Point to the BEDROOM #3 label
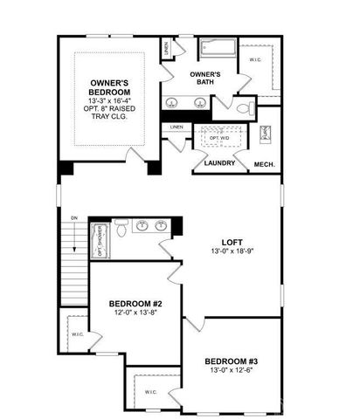tap(232, 361)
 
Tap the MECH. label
tap(265, 163)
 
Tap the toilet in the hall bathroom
tap(122, 228)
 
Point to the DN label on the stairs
tap(74, 217)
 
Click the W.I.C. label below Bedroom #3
tap(149, 391)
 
